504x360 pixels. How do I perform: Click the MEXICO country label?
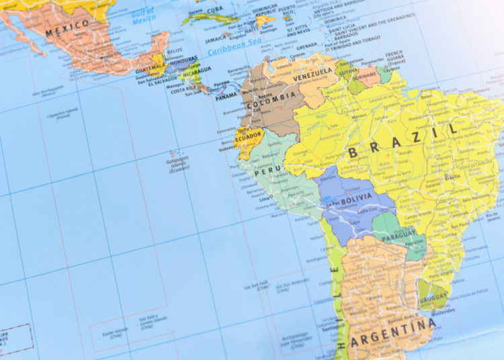coord(67,26)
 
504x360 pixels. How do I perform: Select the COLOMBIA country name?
coord(270,96)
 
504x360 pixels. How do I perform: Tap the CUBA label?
coord(214,10)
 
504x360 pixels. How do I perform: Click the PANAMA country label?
coord(226,96)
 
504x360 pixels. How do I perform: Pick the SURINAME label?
coord(366,76)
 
